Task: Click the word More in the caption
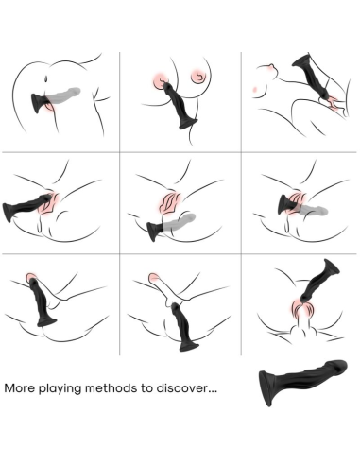pyautogui.click(x=21, y=387)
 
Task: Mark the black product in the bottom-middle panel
pyautogui.click(x=181, y=317)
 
